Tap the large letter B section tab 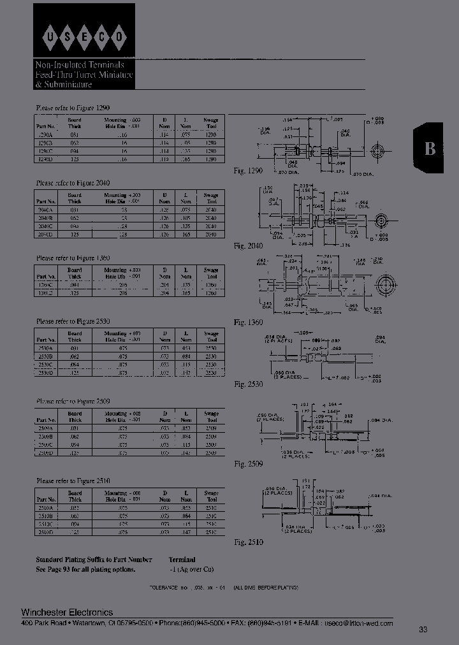[431, 149]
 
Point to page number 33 [423, 630]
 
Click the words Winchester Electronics [67, 613]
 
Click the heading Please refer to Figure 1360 [73, 258]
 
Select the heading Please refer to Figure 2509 [73, 402]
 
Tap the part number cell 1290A [45, 136]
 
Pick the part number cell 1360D [45, 293]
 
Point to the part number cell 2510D [45, 531]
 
